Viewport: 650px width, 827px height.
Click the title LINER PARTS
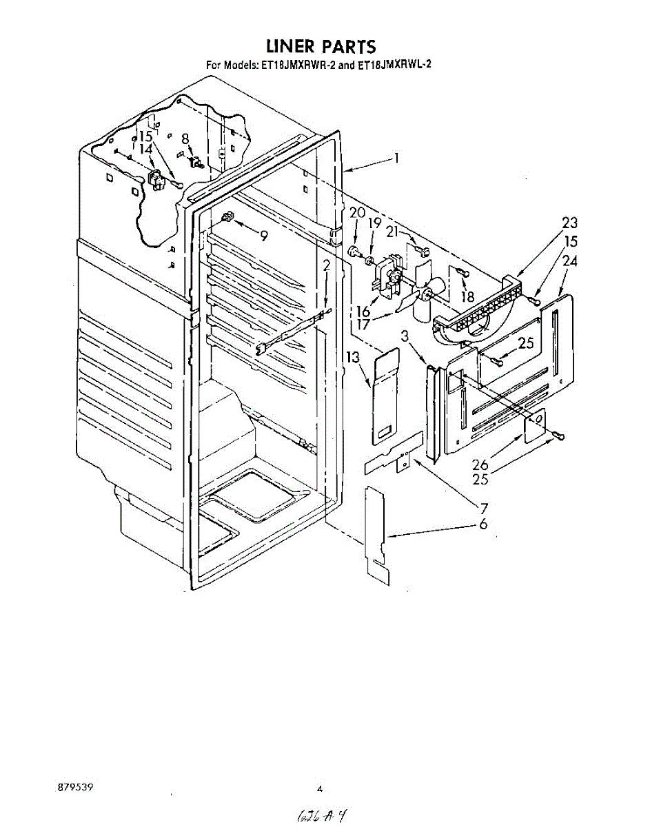(321, 47)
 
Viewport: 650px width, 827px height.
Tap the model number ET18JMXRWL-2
(387, 66)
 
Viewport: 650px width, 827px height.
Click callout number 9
(263, 236)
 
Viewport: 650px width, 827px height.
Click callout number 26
(480, 465)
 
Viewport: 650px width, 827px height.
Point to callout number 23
(569, 223)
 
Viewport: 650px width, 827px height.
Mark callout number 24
(569, 261)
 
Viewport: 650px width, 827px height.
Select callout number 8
(185, 138)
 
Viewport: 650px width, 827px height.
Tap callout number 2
(326, 265)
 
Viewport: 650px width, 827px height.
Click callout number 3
(407, 336)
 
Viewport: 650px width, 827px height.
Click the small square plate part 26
(535, 427)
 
